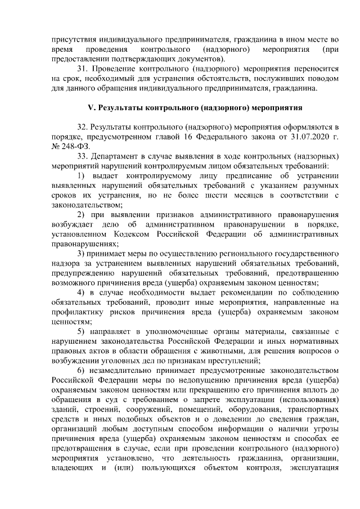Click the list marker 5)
[80, 328]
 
